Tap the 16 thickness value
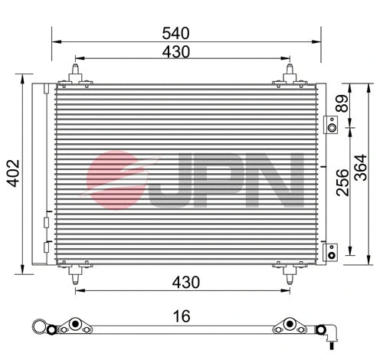coord(182,315)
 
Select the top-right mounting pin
coord(290,73)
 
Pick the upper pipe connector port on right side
coord(330,125)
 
